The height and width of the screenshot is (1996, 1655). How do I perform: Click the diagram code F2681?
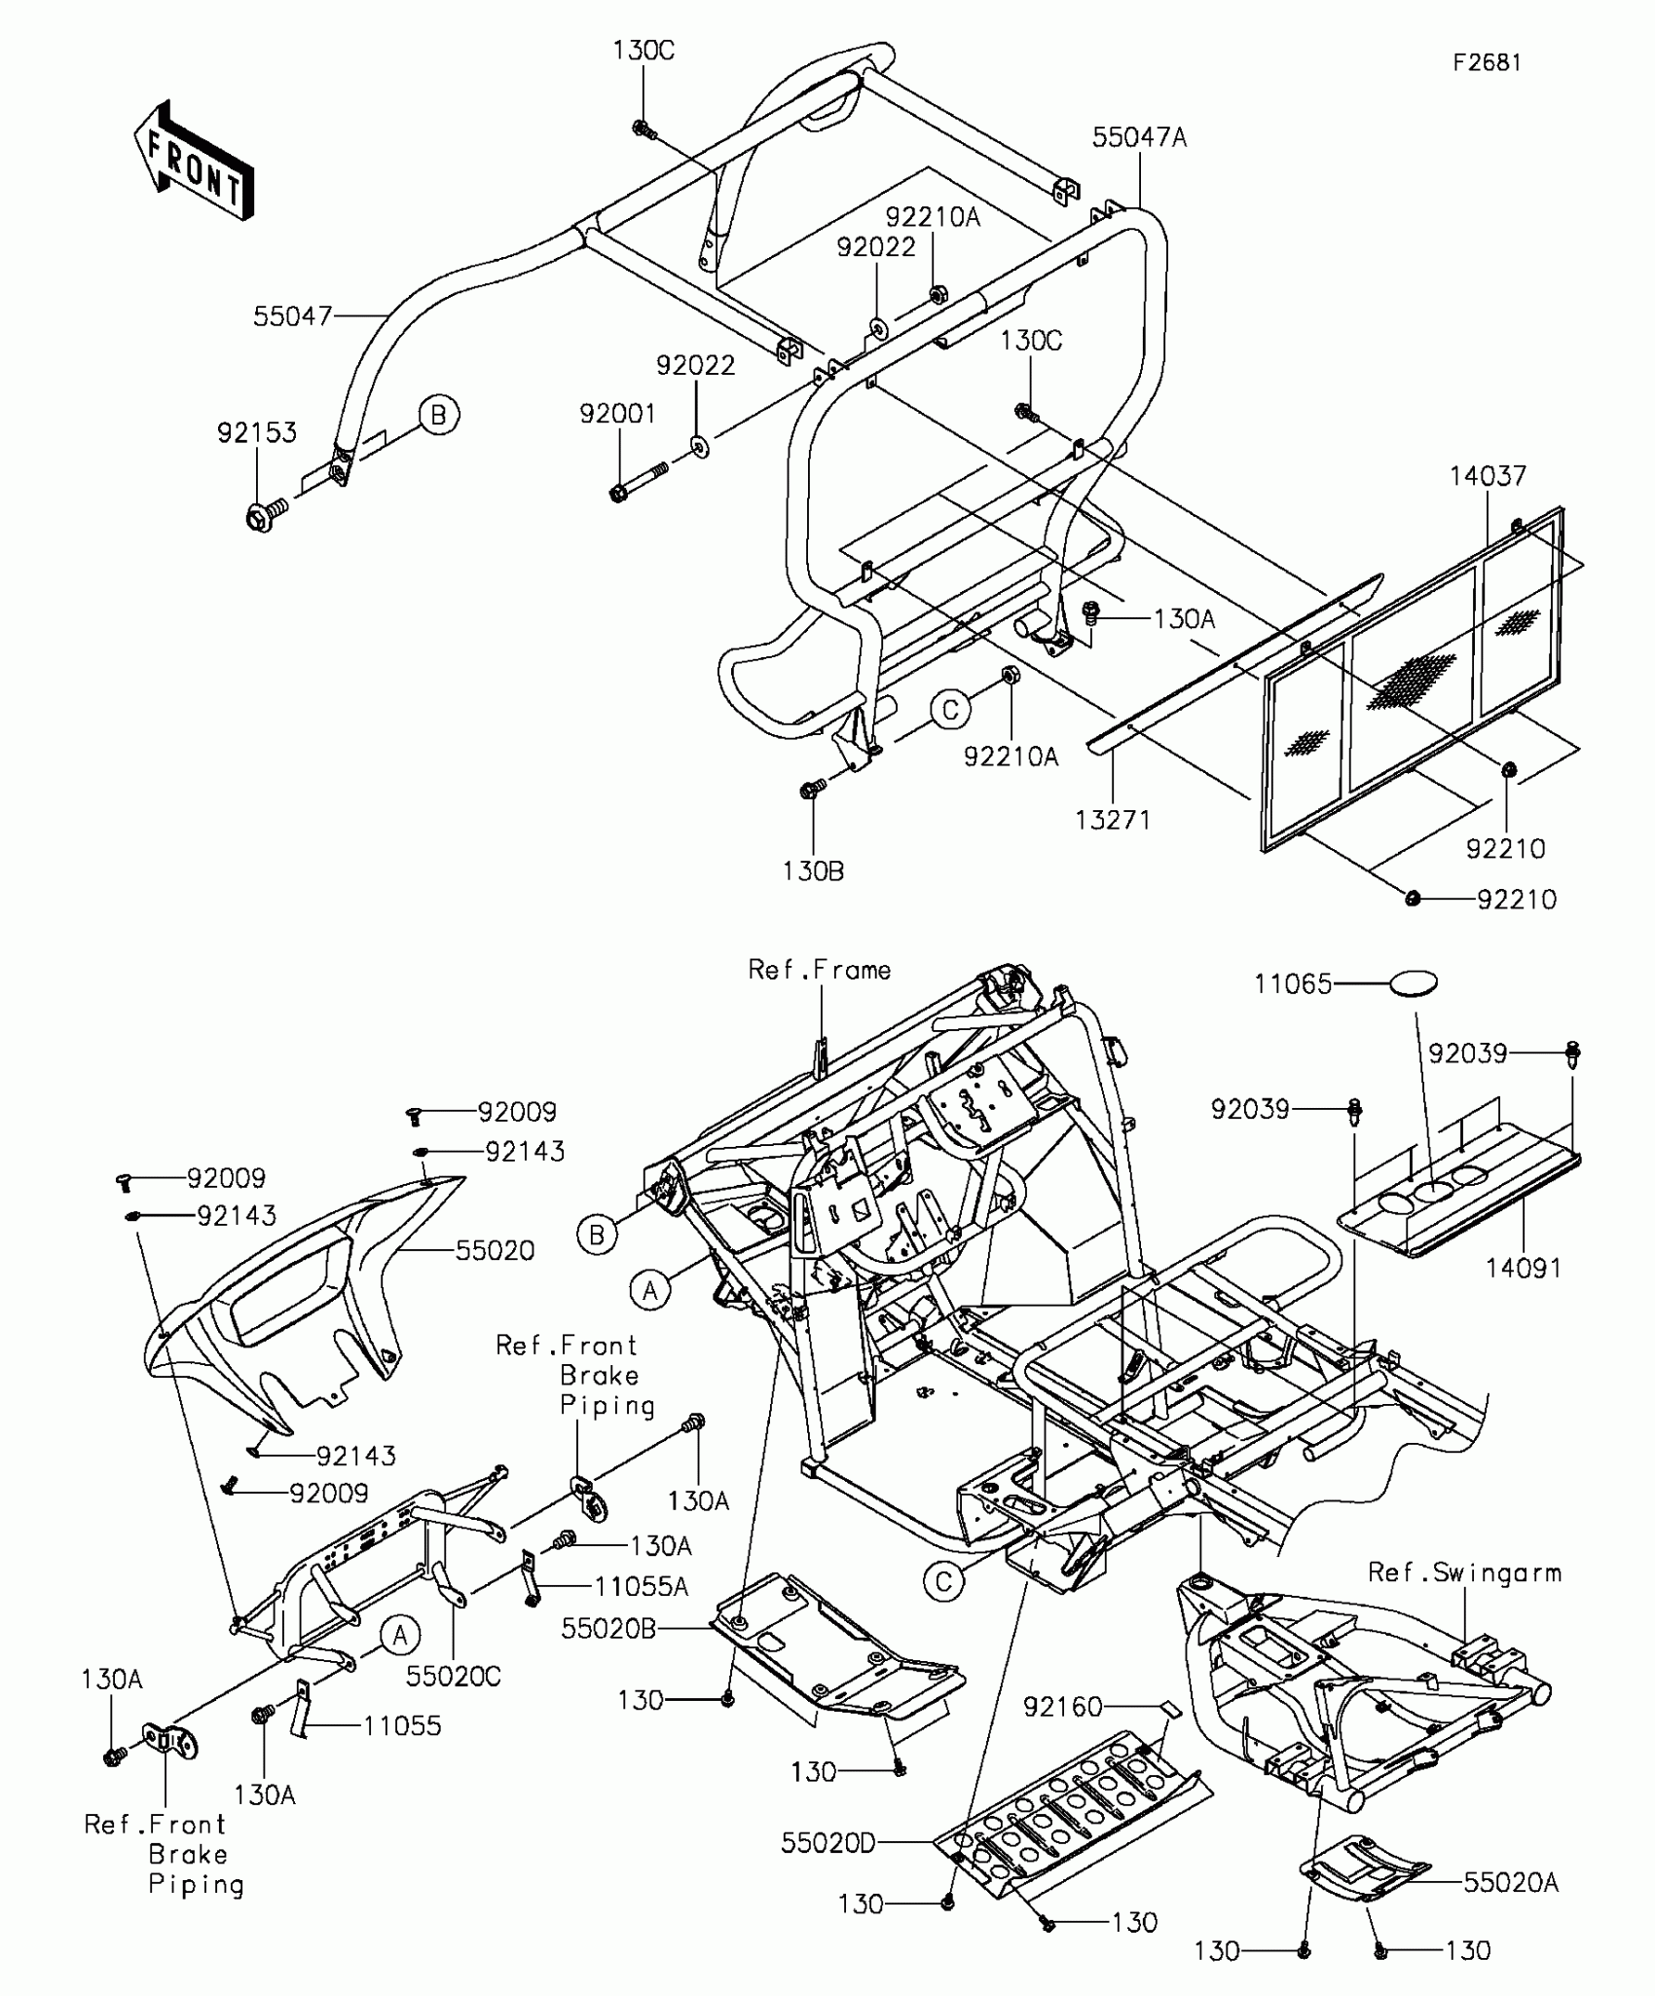tap(1487, 63)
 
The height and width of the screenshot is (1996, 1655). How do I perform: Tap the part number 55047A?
tap(1139, 138)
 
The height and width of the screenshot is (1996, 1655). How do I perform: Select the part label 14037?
tap(1488, 476)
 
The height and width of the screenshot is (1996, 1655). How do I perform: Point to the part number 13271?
tap(1113, 820)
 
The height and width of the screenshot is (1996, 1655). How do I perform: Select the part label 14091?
tap(1524, 1268)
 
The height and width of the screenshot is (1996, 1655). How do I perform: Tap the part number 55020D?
tap(828, 1843)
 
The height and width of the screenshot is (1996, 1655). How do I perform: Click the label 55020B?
tap(609, 1629)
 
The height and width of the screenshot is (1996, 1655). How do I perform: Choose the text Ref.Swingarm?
tap(1464, 1572)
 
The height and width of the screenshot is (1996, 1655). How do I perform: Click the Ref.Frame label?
tap(820, 970)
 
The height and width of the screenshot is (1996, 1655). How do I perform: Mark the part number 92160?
tap(1062, 1706)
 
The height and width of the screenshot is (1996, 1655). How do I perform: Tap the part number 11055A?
tap(642, 1587)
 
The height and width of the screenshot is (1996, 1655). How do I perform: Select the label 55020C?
tap(454, 1677)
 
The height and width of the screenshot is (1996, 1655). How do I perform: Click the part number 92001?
tap(618, 415)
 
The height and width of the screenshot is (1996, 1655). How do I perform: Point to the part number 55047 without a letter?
tap(293, 316)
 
